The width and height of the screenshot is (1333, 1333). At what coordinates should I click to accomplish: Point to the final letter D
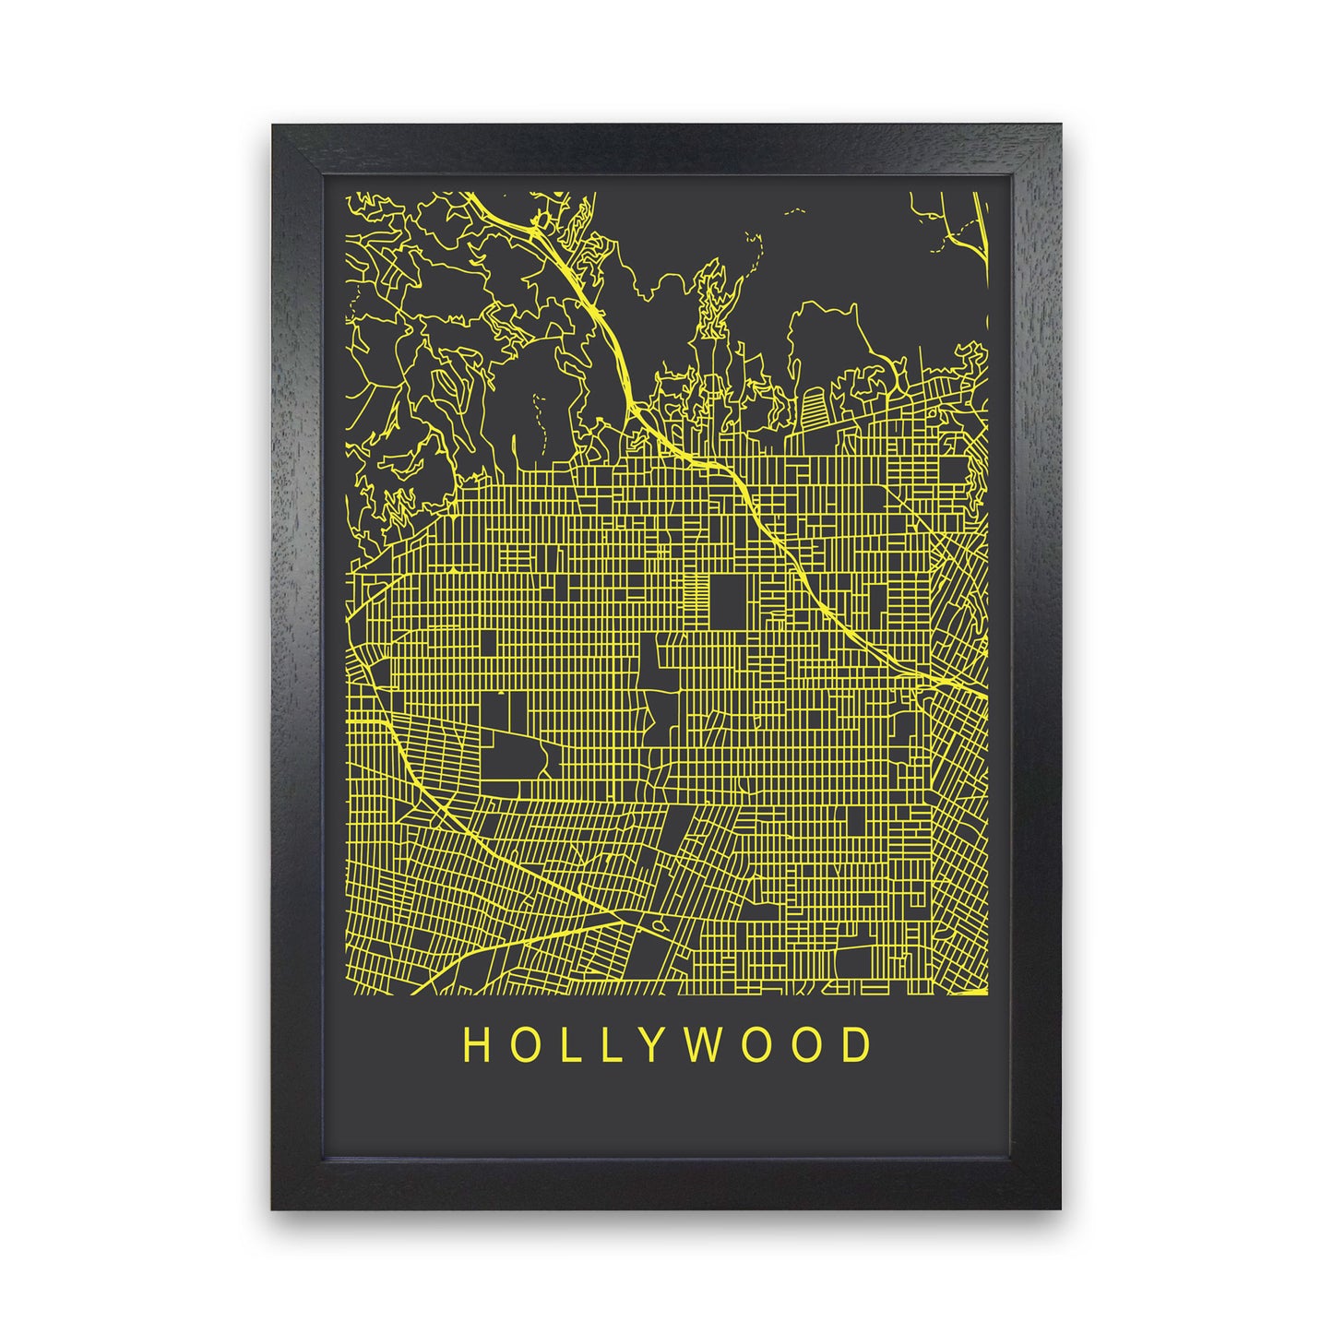click(857, 1045)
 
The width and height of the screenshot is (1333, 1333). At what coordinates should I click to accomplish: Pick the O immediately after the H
click(520, 1045)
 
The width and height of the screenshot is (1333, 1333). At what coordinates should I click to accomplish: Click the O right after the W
click(754, 1045)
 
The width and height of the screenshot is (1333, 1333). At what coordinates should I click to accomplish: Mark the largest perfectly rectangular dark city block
click(729, 601)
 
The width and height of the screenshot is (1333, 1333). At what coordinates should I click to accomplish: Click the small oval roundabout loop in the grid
click(657, 925)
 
